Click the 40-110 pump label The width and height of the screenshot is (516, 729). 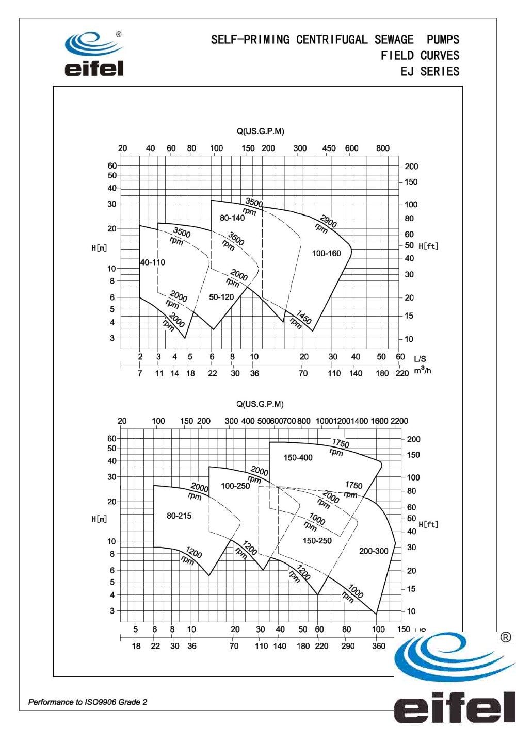(153, 262)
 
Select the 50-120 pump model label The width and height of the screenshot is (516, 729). (221, 297)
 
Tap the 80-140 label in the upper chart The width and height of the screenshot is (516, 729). (232, 218)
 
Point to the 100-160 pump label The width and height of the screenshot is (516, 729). (327, 253)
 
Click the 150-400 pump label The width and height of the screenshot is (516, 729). (298, 458)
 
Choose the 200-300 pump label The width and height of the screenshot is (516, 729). (374, 551)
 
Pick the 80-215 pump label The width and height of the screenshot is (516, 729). (179, 516)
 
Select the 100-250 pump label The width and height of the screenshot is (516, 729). (235, 486)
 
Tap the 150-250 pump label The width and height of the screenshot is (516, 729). (317, 541)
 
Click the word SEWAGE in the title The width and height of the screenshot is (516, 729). (394, 40)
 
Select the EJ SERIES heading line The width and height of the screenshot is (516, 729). (430, 71)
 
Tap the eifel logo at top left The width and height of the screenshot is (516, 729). (94, 55)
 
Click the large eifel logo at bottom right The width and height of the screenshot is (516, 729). (454, 681)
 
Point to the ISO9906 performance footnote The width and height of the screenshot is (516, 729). (88, 702)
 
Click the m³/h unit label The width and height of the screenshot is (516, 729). (422, 371)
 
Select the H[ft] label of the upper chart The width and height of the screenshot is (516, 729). (428, 246)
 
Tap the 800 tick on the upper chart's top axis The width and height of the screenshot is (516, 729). (383, 148)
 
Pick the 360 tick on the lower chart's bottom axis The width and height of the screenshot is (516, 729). (379, 646)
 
